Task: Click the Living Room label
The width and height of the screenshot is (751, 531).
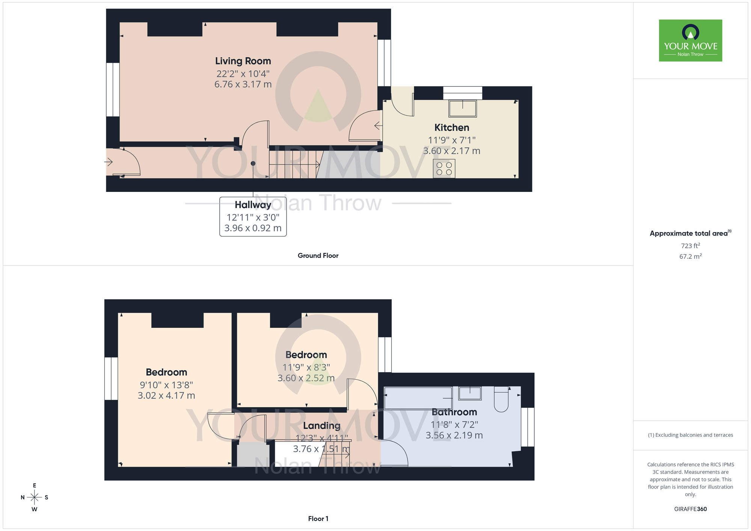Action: pos(243,61)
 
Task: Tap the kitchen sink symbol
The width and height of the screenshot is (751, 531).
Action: pos(463,109)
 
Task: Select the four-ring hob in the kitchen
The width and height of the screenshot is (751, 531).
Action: pos(444,169)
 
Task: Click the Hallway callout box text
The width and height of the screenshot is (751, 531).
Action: pos(253,216)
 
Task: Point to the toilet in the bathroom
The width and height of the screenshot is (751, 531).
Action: pos(501,400)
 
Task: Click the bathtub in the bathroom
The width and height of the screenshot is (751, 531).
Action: pos(418,398)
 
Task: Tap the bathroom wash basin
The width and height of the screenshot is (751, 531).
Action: pos(470,393)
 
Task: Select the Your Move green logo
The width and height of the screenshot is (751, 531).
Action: pos(690,41)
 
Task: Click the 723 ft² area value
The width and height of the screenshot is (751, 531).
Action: pos(690,246)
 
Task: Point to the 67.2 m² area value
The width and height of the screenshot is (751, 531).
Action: pos(690,256)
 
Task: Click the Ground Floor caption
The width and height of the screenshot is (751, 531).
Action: pos(318,255)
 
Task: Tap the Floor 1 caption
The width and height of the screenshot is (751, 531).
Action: pos(318,519)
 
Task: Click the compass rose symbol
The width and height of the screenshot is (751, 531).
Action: pos(35,498)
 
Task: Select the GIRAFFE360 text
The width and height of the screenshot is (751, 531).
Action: pos(690,509)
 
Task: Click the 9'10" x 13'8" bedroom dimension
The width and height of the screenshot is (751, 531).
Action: pos(166,385)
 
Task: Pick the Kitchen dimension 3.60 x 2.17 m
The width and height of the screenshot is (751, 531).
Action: pos(452,151)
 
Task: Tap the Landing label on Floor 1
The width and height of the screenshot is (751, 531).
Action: pos(322,425)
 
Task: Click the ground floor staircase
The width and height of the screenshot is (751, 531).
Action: pos(295,164)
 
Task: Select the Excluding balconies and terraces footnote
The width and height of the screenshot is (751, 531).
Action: pos(690,435)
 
